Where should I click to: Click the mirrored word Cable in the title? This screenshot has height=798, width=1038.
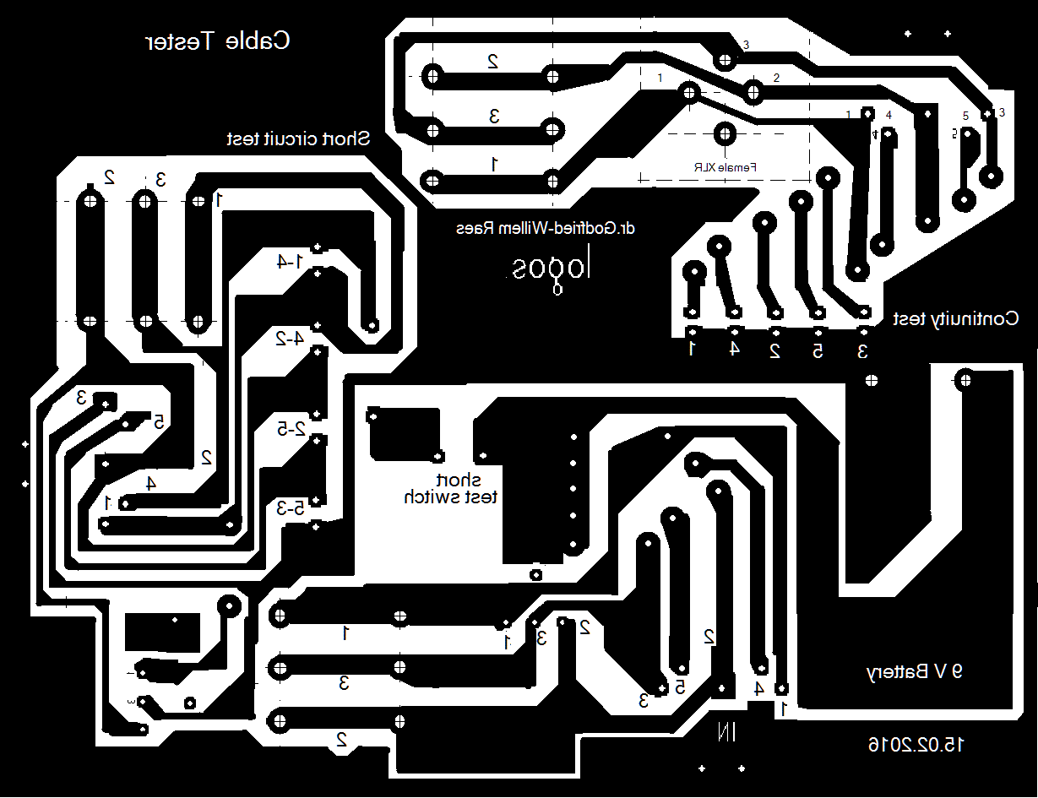pos(258,41)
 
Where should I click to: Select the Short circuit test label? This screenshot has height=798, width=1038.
pos(298,138)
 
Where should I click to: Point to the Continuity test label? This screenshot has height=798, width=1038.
pos(956,318)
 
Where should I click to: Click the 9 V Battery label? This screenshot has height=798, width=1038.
pos(915,672)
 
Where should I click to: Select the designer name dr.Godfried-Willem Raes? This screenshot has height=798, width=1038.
pos(545,229)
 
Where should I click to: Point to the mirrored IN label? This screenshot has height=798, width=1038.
pos(727,731)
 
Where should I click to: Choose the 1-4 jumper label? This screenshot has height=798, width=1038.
pos(288,262)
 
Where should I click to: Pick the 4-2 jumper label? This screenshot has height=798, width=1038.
pos(289,339)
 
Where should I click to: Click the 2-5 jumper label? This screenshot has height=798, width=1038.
pos(289,429)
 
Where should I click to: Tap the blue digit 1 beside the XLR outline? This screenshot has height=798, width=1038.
pos(660,78)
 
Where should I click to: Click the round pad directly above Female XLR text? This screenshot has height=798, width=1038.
pos(724,133)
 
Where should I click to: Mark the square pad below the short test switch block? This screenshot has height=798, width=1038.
pos(535,576)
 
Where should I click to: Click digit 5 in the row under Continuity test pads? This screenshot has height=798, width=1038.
pos(818,350)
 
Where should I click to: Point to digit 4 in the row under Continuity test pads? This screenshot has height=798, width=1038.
pos(735,348)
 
